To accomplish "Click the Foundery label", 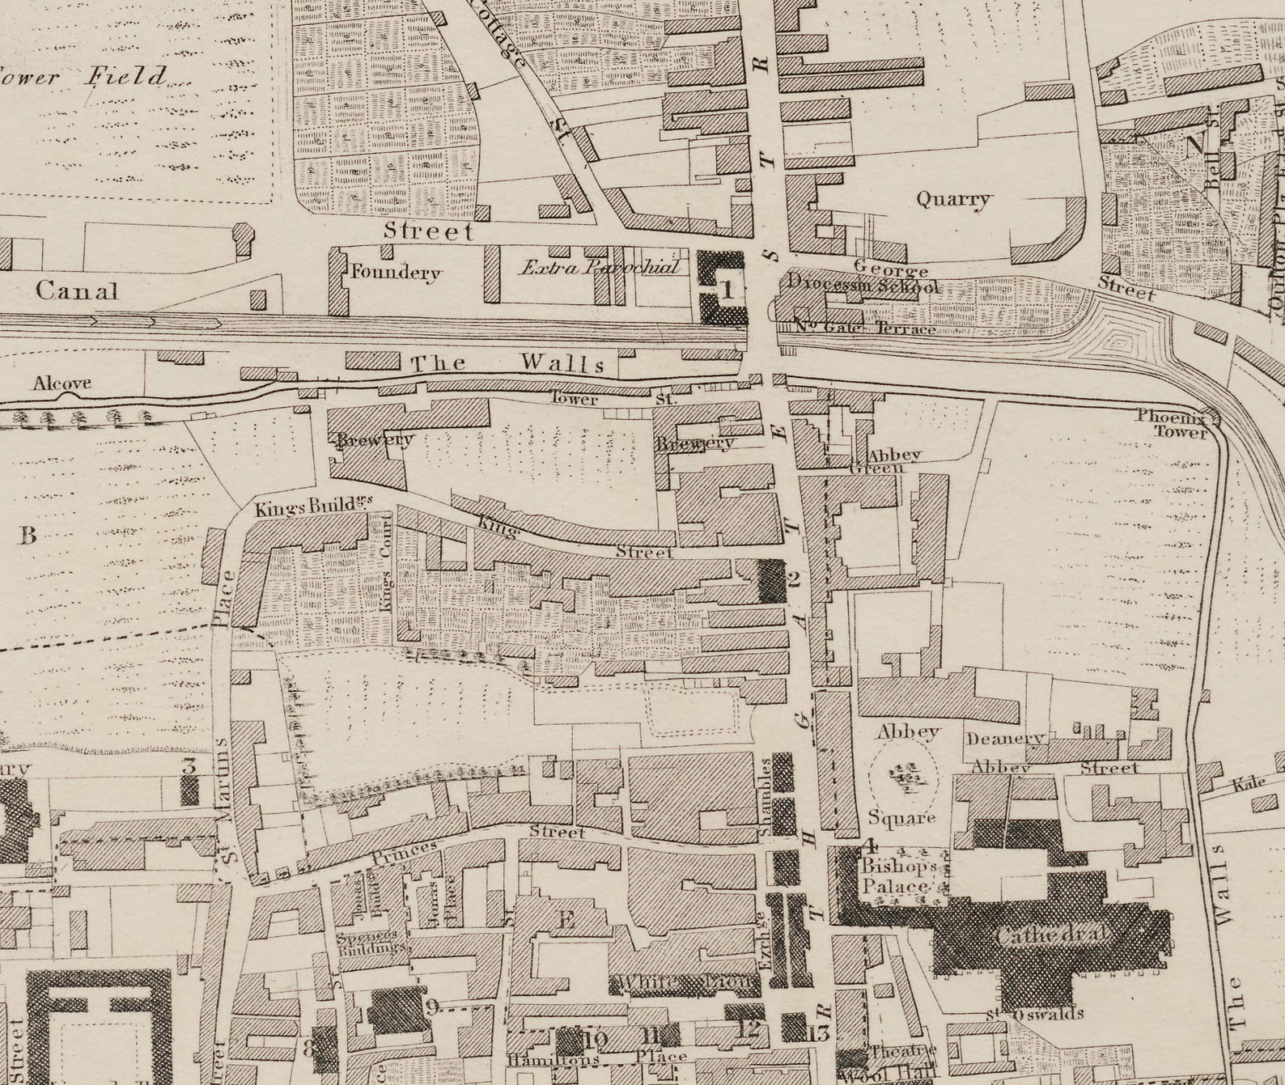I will (x=395, y=273).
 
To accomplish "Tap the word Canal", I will (x=77, y=290).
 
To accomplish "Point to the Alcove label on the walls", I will (x=61, y=384).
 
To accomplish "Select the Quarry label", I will (x=952, y=199).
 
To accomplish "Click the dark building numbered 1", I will (x=721, y=287).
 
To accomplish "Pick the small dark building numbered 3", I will (x=189, y=788).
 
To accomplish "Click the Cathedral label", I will (x=1050, y=935).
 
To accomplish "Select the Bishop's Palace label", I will (x=897, y=876).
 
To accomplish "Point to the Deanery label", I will (x=1004, y=739).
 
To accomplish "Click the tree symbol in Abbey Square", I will (x=904, y=778).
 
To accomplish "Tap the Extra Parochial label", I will (x=599, y=267).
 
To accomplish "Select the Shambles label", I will (x=764, y=796).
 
